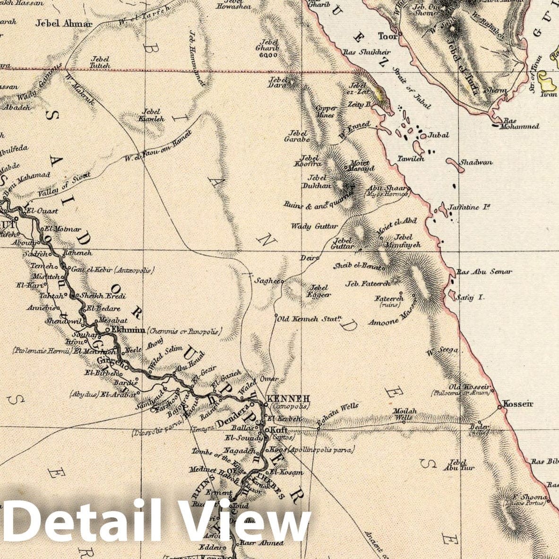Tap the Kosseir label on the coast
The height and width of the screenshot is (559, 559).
(518, 404)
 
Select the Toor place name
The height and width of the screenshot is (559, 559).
(386, 36)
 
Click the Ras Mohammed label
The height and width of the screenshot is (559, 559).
(521, 123)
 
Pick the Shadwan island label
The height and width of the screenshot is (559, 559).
(476, 162)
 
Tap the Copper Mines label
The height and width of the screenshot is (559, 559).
(326, 112)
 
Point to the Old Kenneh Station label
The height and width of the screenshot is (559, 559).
(310, 318)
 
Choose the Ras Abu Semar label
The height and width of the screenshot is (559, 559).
(484, 272)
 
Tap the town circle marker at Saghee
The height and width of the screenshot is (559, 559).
(282, 282)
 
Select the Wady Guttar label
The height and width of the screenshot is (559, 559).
(308, 226)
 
